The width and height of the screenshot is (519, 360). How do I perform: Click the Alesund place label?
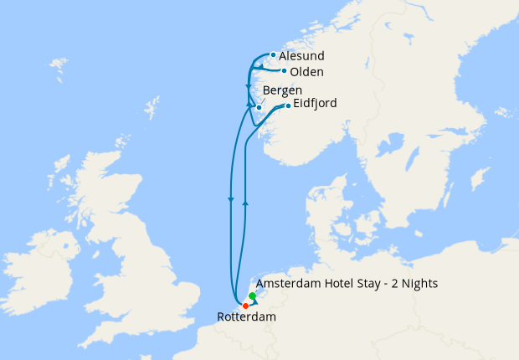coord(298,56)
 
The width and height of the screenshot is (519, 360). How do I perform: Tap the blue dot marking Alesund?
coord(274,55)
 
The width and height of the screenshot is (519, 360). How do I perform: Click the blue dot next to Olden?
coord(285,71)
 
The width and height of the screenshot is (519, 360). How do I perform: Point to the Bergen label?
coord(282,90)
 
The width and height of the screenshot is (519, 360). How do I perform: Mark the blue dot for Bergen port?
coord(259,107)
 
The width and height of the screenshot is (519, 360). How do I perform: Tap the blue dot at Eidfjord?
coord(288,105)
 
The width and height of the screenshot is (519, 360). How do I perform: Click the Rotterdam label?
coord(246,317)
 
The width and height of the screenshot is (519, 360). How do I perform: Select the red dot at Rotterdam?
coord(245,306)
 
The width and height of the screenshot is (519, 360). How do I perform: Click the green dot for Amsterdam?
coord(252,296)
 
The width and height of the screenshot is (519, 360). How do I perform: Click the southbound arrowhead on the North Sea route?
coord(230,199)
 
